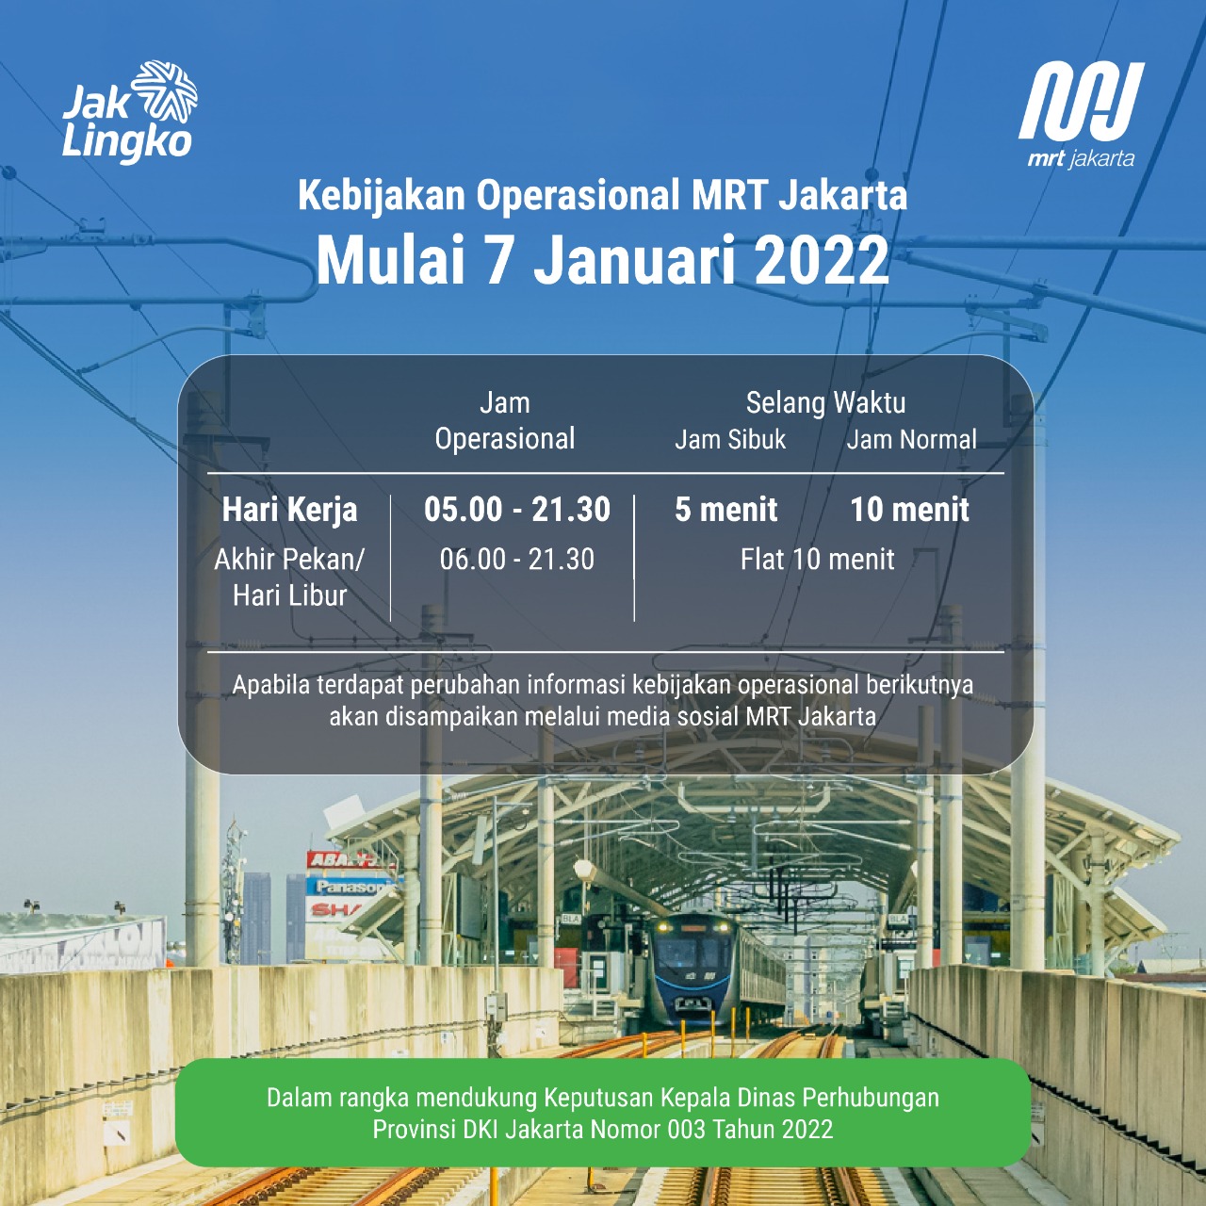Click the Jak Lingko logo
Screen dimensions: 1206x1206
130,113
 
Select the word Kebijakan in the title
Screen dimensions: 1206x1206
382,196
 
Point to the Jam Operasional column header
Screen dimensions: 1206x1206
505,421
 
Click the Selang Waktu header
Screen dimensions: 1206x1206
825,403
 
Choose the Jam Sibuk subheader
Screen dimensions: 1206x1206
730,440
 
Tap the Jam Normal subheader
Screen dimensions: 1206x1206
911,440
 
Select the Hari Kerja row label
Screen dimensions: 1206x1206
290,510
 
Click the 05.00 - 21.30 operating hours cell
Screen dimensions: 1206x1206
517,510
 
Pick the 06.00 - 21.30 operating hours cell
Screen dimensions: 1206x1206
517,560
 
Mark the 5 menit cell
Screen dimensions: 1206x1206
726,510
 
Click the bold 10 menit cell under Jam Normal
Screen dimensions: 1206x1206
909,510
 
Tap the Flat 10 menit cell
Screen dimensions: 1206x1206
818,560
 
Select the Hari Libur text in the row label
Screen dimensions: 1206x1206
290,595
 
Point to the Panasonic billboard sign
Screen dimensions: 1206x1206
351,887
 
